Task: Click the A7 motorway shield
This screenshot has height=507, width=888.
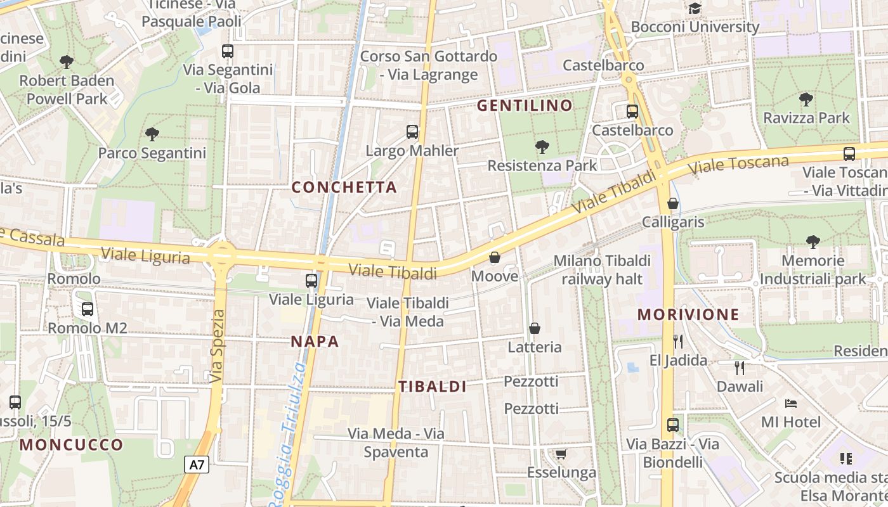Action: coord(197,465)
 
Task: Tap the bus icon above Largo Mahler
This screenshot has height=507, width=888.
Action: coord(412,132)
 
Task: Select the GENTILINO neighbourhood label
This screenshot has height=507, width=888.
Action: coord(525,105)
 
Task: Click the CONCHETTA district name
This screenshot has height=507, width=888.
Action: coord(344,187)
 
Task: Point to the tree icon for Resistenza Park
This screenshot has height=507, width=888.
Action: coord(542,147)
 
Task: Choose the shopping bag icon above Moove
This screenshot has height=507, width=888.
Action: coord(495,258)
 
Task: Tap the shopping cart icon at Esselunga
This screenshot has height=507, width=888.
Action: coord(561,454)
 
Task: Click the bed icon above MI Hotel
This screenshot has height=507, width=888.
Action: coord(790,403)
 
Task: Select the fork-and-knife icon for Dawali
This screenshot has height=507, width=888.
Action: coord(740,368)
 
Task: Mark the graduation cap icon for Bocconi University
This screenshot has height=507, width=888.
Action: coord(695,9)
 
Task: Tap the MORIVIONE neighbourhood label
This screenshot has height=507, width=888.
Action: coord(688,314)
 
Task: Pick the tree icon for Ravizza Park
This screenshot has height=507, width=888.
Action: coord(806,99)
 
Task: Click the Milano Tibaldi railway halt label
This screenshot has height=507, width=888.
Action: coord(602,270)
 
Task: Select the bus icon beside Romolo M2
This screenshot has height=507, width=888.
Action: coord(88,309)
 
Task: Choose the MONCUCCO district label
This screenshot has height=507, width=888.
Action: coord(71,444)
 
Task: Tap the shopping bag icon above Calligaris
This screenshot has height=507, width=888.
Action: coord(673,203)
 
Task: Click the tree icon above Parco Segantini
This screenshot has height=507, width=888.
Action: coord(152,134)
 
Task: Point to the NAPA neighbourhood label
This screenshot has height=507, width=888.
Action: coord(315,342)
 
